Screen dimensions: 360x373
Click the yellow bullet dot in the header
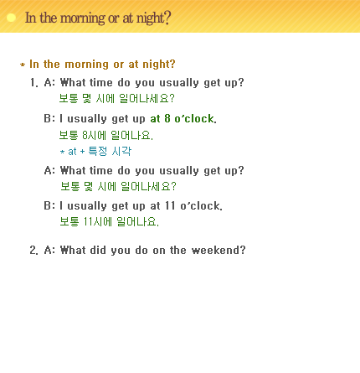[11, 18]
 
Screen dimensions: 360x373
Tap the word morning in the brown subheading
[87, 65]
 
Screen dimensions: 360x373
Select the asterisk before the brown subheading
[23, 65]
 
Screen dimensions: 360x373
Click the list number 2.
[33, 250]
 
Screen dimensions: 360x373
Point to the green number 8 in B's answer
[167, 118]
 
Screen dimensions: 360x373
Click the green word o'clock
[195, 118]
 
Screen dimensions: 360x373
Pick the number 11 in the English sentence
[170, 205]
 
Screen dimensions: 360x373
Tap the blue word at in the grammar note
[72, 152]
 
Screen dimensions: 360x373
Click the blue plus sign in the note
[82, 152]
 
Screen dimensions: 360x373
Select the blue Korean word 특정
[98, 151]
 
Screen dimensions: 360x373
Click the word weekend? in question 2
[219, 250]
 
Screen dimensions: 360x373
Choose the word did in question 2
[98, 250]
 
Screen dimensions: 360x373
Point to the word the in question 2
[177, 250]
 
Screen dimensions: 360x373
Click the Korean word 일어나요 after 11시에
[137, 221]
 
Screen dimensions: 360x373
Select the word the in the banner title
[49, 18]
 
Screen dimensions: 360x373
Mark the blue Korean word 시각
[121, 151]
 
